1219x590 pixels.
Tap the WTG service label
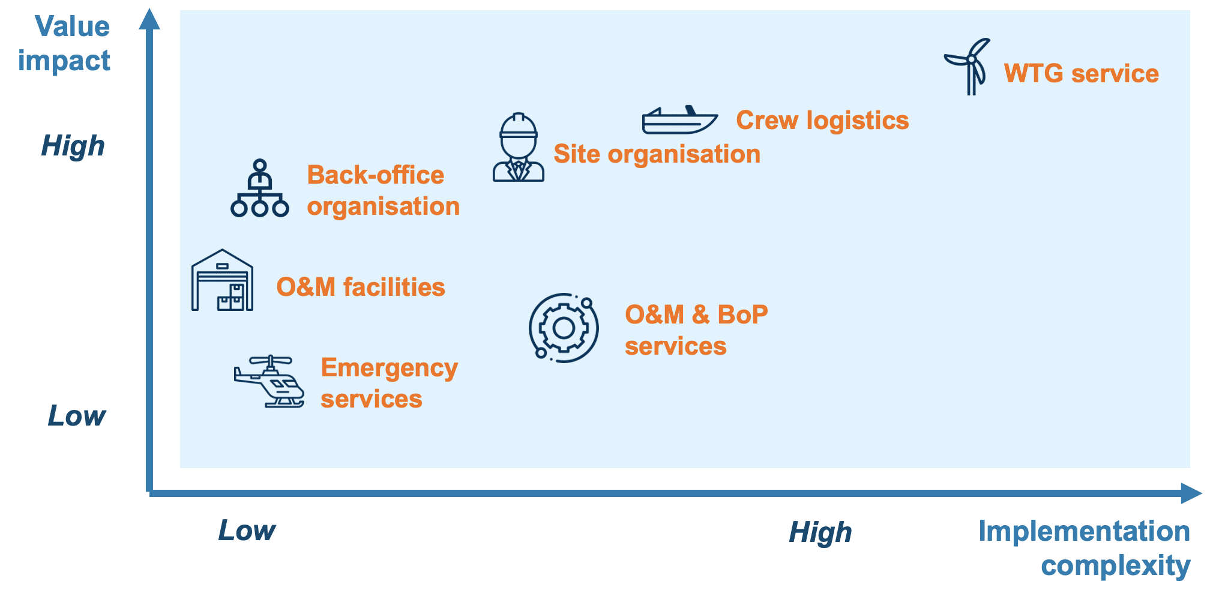[x=1082, y=73]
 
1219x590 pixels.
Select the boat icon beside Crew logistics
[x=680, y=119]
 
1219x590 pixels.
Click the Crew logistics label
[x=822, y=120]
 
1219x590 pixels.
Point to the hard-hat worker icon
[x=519, y=147]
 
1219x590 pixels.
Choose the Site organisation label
[x=657, y=154]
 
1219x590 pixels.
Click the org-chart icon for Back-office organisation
[x=260, y=188]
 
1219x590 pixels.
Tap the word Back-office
[x=376, y=175]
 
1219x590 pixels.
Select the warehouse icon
[x=222, y=280]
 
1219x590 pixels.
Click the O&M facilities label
[x=361, y=287]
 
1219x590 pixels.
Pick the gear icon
[x=564, y=328]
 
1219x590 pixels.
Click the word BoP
[x=742, y=315]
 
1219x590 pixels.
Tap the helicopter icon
[x=269, y=381]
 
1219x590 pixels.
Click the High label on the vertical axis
[x=73, y=146]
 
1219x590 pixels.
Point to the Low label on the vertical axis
[x=76, y=415]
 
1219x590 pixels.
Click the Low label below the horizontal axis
[x=247, y=530]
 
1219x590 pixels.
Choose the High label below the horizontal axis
[x=820, y=532]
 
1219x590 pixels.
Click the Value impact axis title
[x=64, y=43]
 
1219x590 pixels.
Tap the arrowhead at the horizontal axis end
[x=1191, y=493]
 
